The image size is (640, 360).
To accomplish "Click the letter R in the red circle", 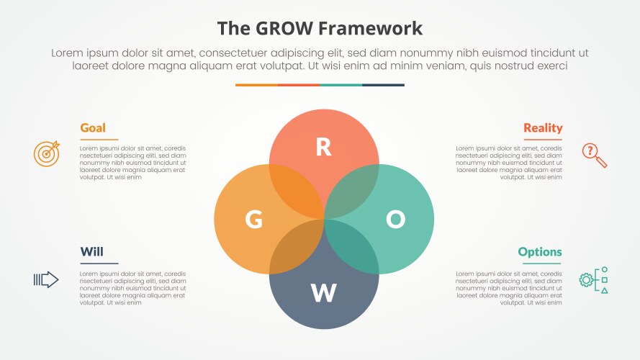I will (324, 147).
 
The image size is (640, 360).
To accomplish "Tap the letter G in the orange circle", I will (253, 220).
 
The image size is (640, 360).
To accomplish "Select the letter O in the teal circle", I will (395, 220).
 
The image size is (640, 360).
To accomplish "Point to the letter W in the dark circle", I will (324, 293).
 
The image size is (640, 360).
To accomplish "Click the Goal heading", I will (93, 128).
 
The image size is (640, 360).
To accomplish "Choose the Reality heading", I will (543, 128).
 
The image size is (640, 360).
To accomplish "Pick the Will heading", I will (91, 252).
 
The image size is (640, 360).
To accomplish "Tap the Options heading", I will (540, 252).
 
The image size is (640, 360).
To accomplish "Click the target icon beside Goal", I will (46, 153).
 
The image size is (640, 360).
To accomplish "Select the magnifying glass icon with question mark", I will (593, 154).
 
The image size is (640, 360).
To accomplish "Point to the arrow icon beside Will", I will (46, 279).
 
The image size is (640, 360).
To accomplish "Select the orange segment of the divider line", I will (256, 85).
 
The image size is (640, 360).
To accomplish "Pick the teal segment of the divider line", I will (341, 85).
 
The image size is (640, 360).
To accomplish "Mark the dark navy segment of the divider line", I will (383, 85).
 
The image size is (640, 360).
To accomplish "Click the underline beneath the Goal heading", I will (99, 139).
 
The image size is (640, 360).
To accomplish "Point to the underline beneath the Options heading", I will (542, 263).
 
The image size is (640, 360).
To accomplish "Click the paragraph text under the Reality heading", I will (509, 163).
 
